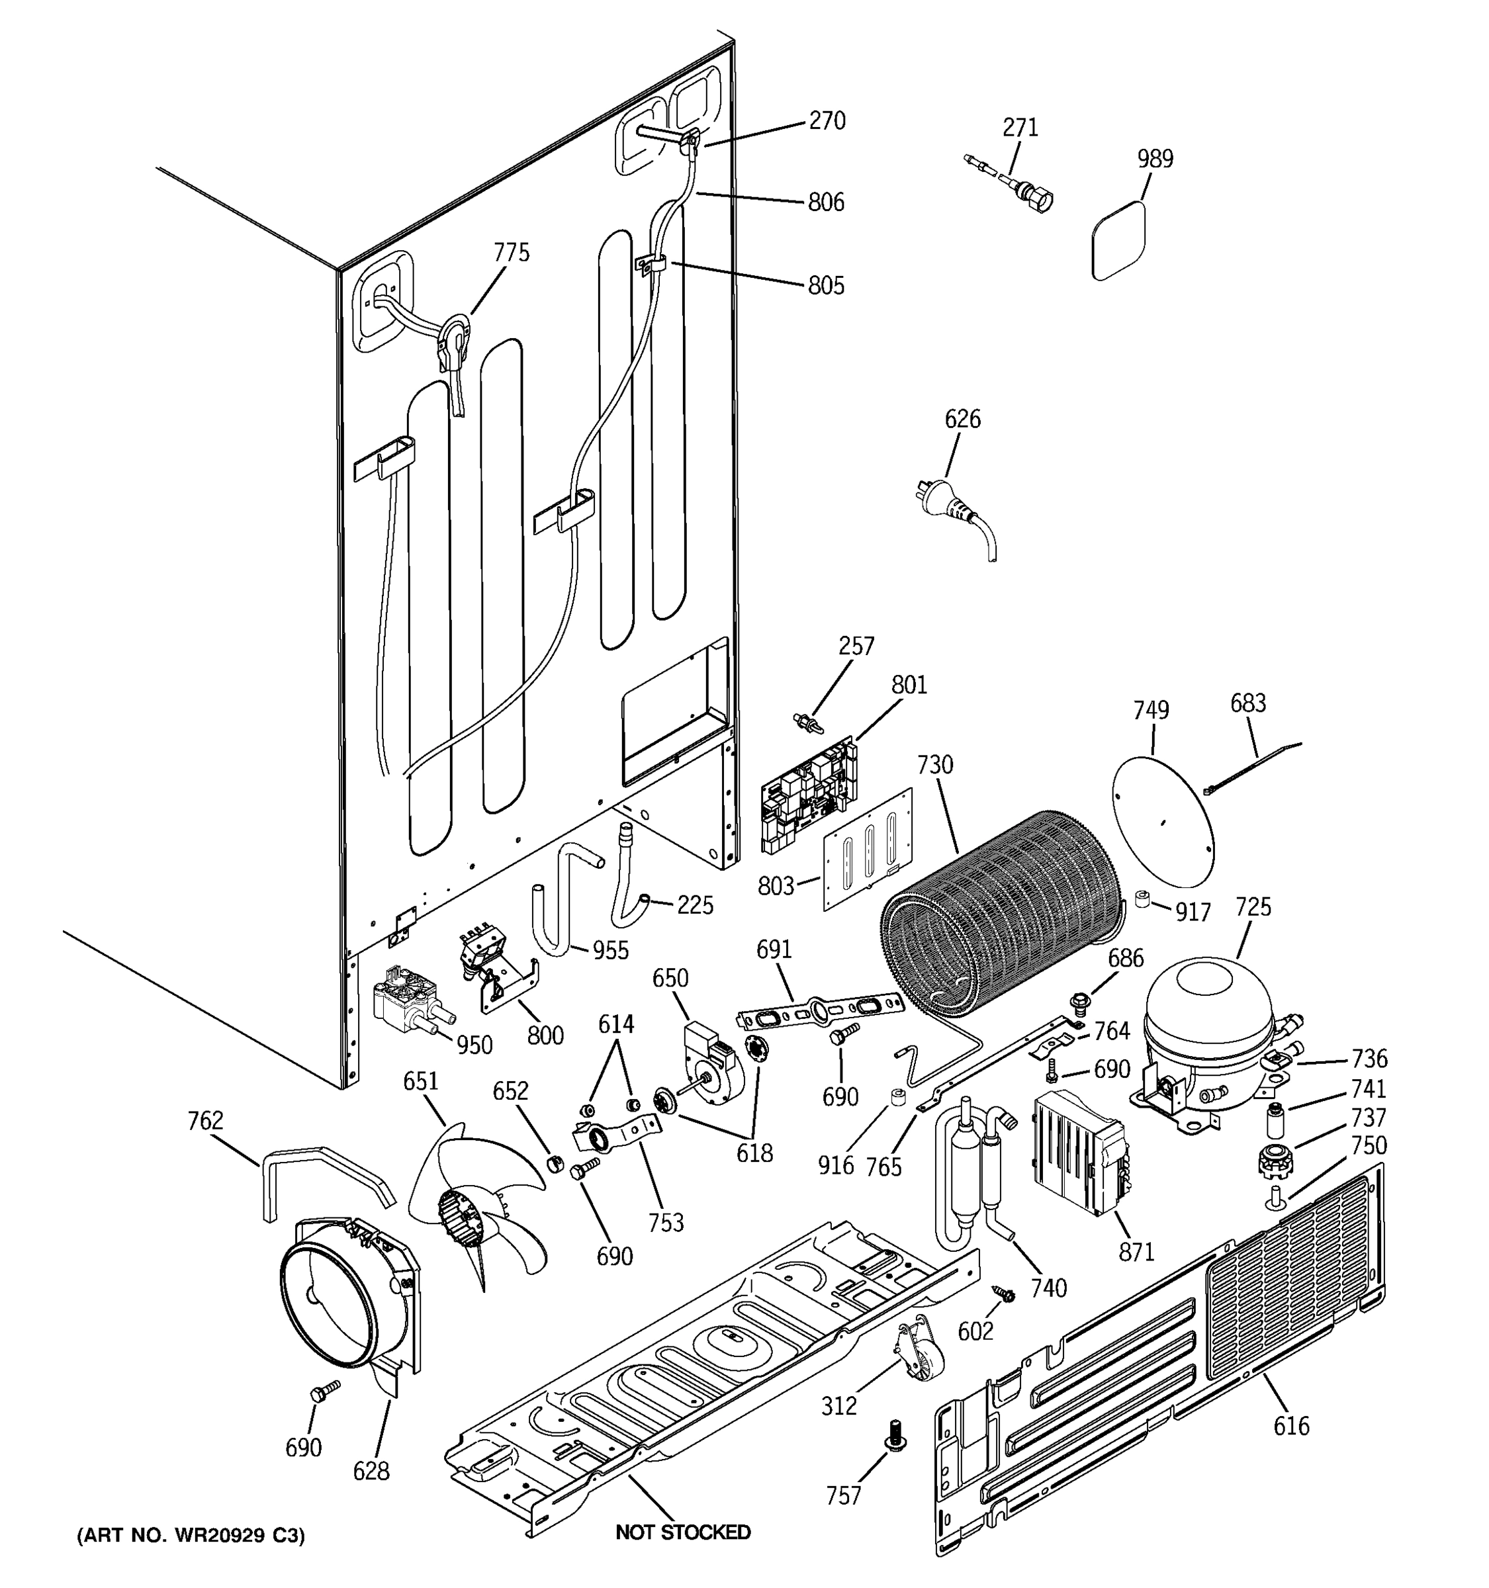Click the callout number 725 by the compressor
pyautogui.click(x=1253, y=906)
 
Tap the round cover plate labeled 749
pyautogui.click(x=1162, y=821)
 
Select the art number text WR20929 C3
pyautogui.click(x=190, y=1535)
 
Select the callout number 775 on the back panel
pyautogui.click(x=512, y=252)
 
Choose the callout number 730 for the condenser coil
pyautogui.click(x=934, y=764)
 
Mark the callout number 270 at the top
pyautogui.click(x=827, y=120)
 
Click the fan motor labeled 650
pyautogui.click(x=711, y=1055)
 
